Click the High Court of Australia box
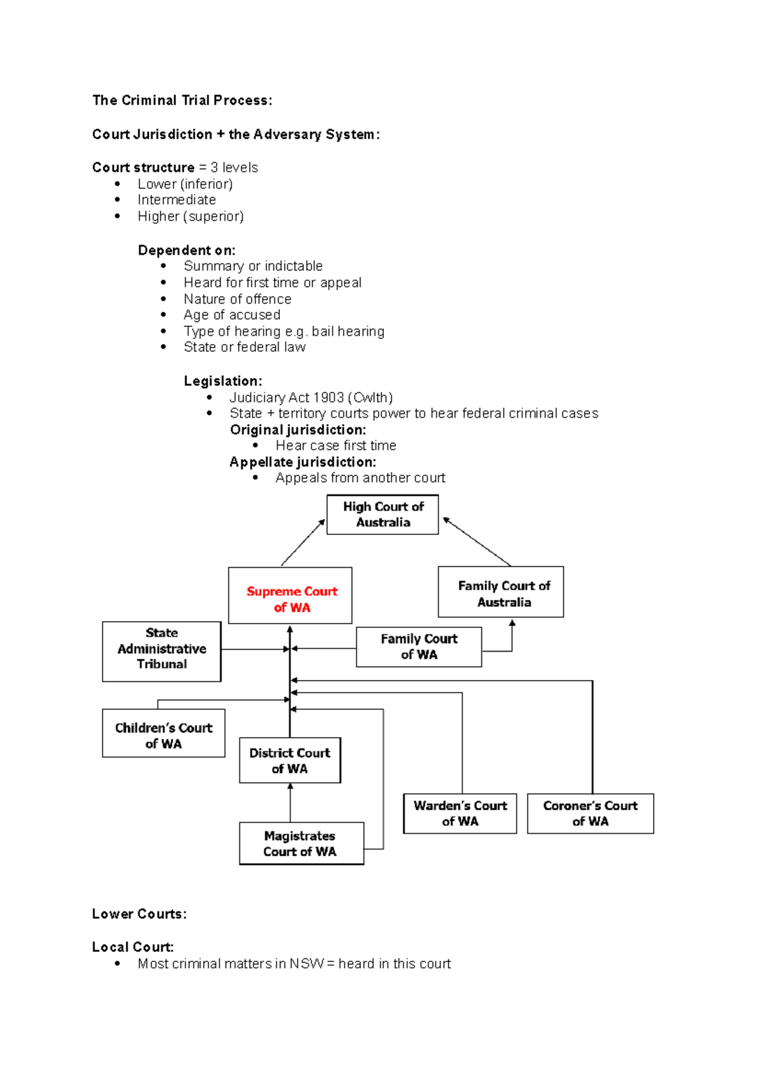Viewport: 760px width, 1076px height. point(383,515)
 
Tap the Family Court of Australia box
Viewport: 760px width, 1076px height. point(501,592)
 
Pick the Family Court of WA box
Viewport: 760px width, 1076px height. point(419,647)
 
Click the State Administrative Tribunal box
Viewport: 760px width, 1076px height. point(161,651)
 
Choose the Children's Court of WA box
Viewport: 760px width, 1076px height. point(163,733)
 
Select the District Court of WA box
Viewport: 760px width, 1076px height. point(290,760)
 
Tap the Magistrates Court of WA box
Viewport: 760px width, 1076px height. point(301,843)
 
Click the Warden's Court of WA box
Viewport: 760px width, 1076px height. point(460,814)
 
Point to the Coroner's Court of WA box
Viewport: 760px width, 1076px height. point(590,814)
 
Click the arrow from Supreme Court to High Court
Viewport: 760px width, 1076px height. point(303,542)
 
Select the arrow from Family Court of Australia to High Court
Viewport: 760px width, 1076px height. point(477,542)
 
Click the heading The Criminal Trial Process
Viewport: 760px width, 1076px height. point(182,100)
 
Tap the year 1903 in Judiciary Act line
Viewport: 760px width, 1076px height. point(328,397)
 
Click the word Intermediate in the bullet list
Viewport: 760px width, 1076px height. point(177,200)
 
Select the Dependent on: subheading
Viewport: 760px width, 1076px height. point(187,250)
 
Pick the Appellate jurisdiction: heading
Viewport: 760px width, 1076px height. point(303,462)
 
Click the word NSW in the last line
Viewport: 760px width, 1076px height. point(307,964)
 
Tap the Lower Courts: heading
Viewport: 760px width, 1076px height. point(139,914)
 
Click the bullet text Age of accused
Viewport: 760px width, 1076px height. point(232,315)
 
